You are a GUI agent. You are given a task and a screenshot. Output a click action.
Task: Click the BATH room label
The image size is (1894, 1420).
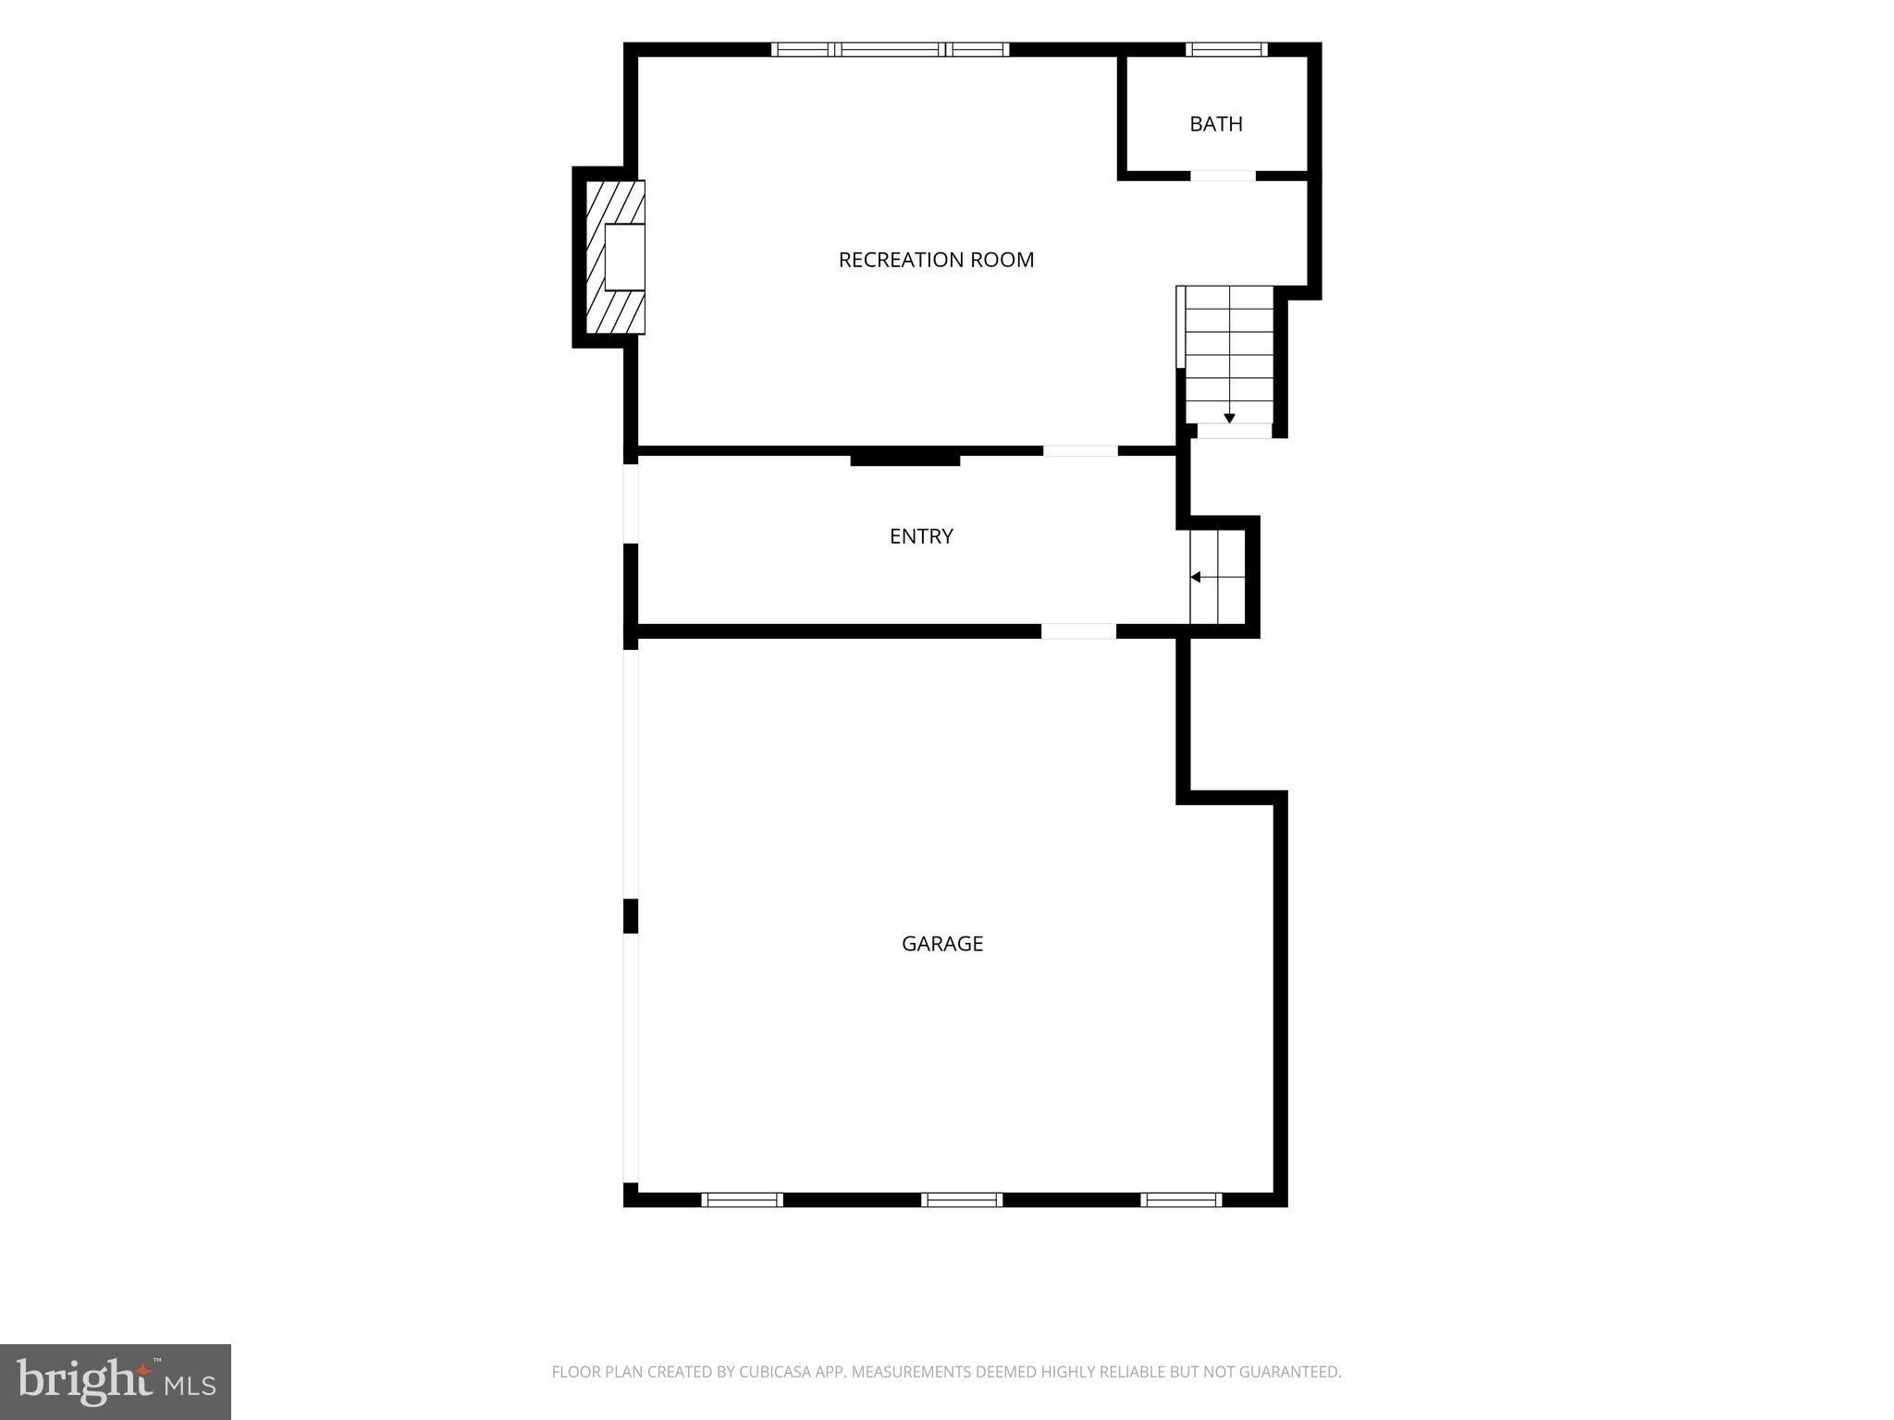pyautogui.click(x=1215, y=124)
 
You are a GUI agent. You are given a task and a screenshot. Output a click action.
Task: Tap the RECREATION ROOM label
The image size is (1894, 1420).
pyautogui.click(x=936, y=260)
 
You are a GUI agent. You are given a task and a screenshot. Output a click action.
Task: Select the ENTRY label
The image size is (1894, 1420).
pyautogui.click(x=921, y=536)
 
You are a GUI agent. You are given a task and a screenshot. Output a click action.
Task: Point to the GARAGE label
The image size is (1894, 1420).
pyautogui.click(x=942, y=943)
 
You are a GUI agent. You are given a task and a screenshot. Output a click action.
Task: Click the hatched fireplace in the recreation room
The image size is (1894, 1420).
pyautogui.click(x=615, y=257)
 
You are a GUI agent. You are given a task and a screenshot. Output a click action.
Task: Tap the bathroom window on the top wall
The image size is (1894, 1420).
pyautogui.click(x=1227, y=50)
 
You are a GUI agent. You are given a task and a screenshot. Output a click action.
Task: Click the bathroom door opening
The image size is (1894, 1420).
pyautogui.click(x=1223, y=176)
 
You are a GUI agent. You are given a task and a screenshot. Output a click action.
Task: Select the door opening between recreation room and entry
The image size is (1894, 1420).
pyautogui.click(x=1080, y=451)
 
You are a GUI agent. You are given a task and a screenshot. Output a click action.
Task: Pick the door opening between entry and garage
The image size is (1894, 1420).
pyautogui.click(x=1078, y=631)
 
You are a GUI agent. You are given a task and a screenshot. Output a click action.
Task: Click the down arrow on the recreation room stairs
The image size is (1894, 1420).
pyautogui.click(x=1229, y=419)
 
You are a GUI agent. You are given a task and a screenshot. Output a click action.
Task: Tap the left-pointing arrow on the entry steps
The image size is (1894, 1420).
pyautogui.click(x=1195, y=577)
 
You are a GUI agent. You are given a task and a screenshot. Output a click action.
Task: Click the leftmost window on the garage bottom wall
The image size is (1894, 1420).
pyautogui.click(x=742, y=1200)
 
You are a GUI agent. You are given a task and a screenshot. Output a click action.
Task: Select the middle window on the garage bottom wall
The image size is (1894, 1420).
pyautogui.click(x=962, y=1200)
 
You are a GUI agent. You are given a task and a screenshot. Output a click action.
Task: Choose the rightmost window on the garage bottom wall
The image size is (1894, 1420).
pyautogui.click(x=1181, y=1200)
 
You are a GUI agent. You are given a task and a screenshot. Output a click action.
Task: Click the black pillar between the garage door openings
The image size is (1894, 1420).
pyautogui.click(x=631, y=916)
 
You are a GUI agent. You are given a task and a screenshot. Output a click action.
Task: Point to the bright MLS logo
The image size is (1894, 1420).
pyautogui.click(x=116, y=1382)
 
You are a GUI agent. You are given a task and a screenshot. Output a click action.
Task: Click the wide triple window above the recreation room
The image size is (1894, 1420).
pyautogui.click(x=891, y=50)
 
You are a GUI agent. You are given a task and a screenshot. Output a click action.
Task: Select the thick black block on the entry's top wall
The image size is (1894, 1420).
pyautogui.click(x=905, y=458)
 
